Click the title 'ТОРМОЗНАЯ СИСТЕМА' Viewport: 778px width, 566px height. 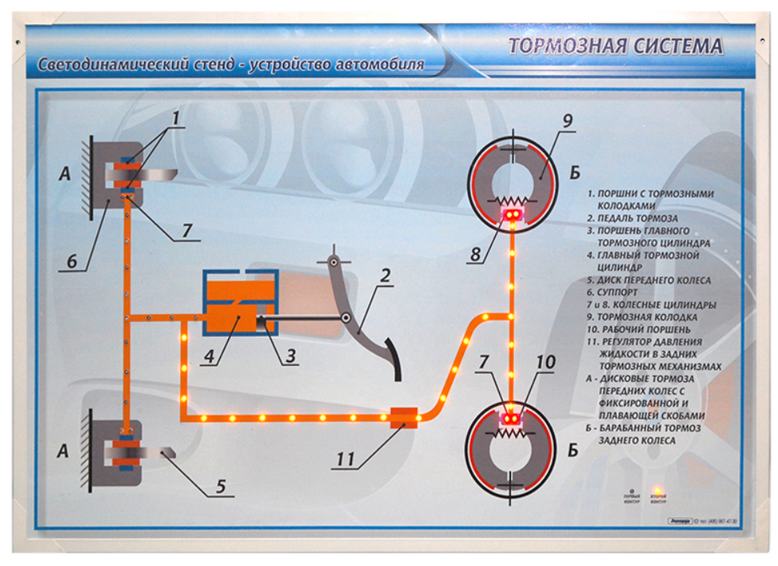616,46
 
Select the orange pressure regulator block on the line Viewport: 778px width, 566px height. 403,417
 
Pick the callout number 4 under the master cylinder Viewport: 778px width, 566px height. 209,356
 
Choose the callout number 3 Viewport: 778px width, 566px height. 292,356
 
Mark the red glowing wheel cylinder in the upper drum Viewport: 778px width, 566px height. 510,215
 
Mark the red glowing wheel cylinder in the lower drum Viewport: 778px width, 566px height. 510,417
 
